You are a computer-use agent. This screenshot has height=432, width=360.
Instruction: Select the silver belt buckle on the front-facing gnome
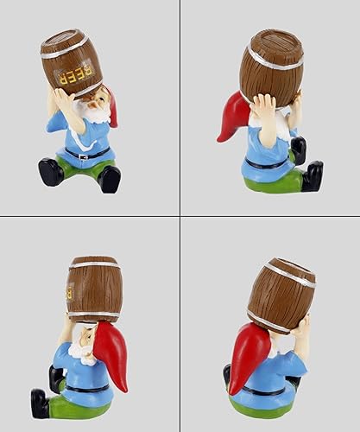[84, 156]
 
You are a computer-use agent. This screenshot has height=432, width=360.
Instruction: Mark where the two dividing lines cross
[179, 215]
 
